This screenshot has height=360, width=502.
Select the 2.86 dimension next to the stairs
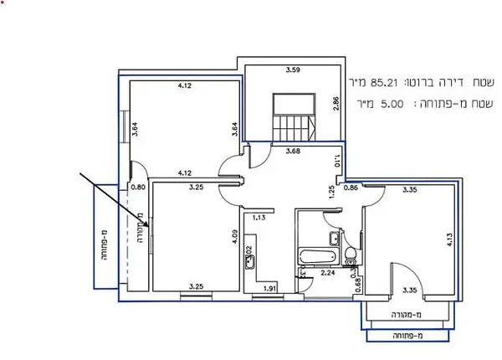[x=336, y=104]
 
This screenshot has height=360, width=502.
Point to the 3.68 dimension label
[x=293, y=152]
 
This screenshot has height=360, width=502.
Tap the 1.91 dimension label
[x=269, y=290]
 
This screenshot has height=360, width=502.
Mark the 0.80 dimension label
[x=139, y=188]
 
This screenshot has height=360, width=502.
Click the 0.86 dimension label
[x=350, y=188]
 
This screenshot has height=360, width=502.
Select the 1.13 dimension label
[x=259, y=218]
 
